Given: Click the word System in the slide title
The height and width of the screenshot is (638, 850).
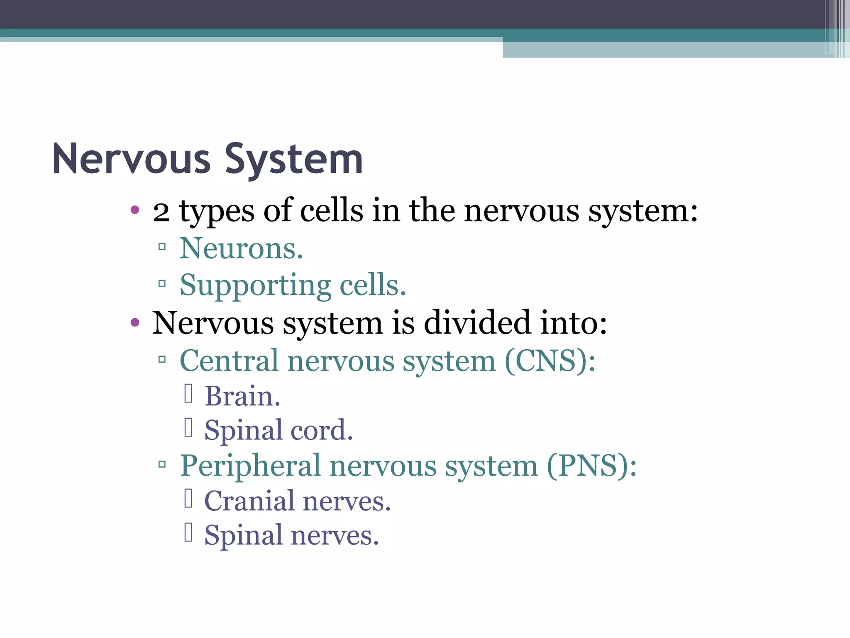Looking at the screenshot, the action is pos(294,160).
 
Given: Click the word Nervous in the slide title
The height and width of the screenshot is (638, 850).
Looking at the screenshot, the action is pos(132,160).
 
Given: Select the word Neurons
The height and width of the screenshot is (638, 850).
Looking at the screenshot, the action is pos(241,249).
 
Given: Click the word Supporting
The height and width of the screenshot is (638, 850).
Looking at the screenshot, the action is pos(255,286).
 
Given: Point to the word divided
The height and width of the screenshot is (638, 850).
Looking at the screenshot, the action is pos(477,323).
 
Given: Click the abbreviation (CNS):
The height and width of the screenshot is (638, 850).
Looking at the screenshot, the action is pos(550,361).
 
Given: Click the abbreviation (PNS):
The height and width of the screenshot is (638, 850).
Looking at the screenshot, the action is pos(591,466).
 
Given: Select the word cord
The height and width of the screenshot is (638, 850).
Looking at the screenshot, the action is pos(322,430).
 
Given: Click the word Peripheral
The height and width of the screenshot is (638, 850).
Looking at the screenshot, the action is pos(250,466).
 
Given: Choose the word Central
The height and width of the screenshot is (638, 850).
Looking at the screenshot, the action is pos(229,361).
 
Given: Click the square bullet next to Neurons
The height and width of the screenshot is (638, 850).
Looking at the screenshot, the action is pos(162,247).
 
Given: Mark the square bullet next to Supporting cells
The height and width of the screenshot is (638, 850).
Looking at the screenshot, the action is pos(162,284).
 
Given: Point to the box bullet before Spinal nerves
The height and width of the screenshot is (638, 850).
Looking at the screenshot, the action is pos(188,532).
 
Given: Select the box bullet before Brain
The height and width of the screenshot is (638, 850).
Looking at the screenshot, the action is pos(188,394).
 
